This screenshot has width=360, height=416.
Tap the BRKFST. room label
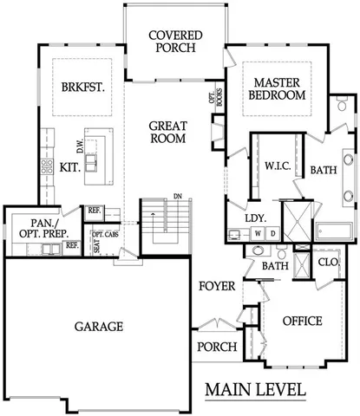point(82,87)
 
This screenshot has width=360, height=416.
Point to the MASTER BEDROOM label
point(278,88)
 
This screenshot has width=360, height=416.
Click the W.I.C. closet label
point(277,164)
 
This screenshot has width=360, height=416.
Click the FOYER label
point(215,285)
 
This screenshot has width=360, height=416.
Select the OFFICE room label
point(302,321)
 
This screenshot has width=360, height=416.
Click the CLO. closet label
point(328,261)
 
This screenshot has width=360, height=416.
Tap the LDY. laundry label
point(254,218)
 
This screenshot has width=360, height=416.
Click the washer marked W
point(258,233)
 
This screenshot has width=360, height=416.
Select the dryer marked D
point(272,233)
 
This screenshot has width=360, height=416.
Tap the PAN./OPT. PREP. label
point(40,228)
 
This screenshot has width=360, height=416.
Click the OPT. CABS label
point(104,235)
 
